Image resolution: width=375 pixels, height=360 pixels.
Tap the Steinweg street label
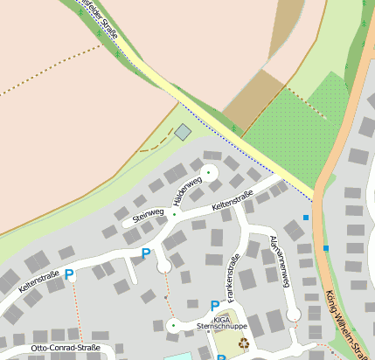pyautogui.click(x=149, y=212)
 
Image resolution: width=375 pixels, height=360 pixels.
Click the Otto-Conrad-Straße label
pyautogui.click(x=65, y=348)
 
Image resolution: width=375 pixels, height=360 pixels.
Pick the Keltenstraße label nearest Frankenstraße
pyautogui.click(x=233, y=201)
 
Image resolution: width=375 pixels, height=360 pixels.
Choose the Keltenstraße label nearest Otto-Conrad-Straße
pyautogui.click(x=36, y=280)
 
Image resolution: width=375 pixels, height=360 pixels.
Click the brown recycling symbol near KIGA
pyautogui.click(x=245, y=343)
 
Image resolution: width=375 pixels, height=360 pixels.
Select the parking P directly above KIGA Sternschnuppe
pyautogui.click(x=215, y=306)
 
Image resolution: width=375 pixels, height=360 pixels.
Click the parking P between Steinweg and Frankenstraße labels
pyautogui.click(x=146, y=254)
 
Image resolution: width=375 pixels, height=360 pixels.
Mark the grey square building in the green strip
pyautogui.click(x=183, y=132)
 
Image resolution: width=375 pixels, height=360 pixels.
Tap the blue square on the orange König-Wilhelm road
pyautogui.click(x=326, y=248)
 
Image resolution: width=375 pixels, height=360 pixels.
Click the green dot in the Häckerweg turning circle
pyautogui.click(x=208, y=171)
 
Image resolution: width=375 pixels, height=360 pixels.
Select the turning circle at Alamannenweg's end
pyautogui.click(x=295, y=314)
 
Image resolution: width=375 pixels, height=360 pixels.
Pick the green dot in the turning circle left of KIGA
pyautogui.click(x=173, y=326)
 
